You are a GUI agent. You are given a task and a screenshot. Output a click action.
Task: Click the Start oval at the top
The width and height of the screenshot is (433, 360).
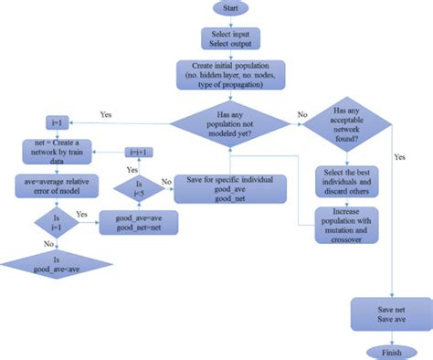231,8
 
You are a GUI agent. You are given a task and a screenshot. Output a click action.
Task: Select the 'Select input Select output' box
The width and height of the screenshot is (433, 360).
231,38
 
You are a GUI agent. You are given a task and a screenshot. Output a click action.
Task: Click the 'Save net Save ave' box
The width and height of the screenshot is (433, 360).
385,314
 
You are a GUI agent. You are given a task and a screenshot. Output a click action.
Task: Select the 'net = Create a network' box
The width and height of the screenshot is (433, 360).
65,150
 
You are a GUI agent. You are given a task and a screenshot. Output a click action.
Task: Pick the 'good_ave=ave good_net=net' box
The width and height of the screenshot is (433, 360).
144,223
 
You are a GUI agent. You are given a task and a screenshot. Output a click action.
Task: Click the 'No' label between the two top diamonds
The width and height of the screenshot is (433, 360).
303,116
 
